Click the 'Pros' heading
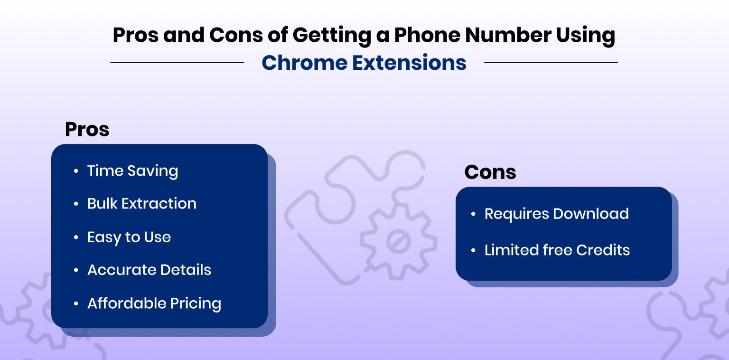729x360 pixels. pos(87,130)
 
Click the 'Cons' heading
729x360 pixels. pos(490,172)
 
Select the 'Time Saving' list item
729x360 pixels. pos(132,171)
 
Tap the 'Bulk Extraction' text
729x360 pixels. pos(141,204)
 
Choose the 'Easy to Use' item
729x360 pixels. pos(129,237)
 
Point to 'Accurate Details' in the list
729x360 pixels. pos(149,270)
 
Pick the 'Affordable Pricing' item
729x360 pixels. pos(154,303)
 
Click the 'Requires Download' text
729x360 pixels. pos(556,214)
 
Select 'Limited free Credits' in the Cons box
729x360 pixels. pos(557,250)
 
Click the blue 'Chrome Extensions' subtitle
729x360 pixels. pos(364,63)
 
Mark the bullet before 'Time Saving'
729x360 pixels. pos(76,171)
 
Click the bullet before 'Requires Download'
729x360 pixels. pos(473,214)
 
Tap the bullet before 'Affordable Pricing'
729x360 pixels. pos(76,303)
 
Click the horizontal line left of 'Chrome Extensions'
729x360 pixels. pos(177,62)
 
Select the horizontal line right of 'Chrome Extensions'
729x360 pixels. pos(551,62)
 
